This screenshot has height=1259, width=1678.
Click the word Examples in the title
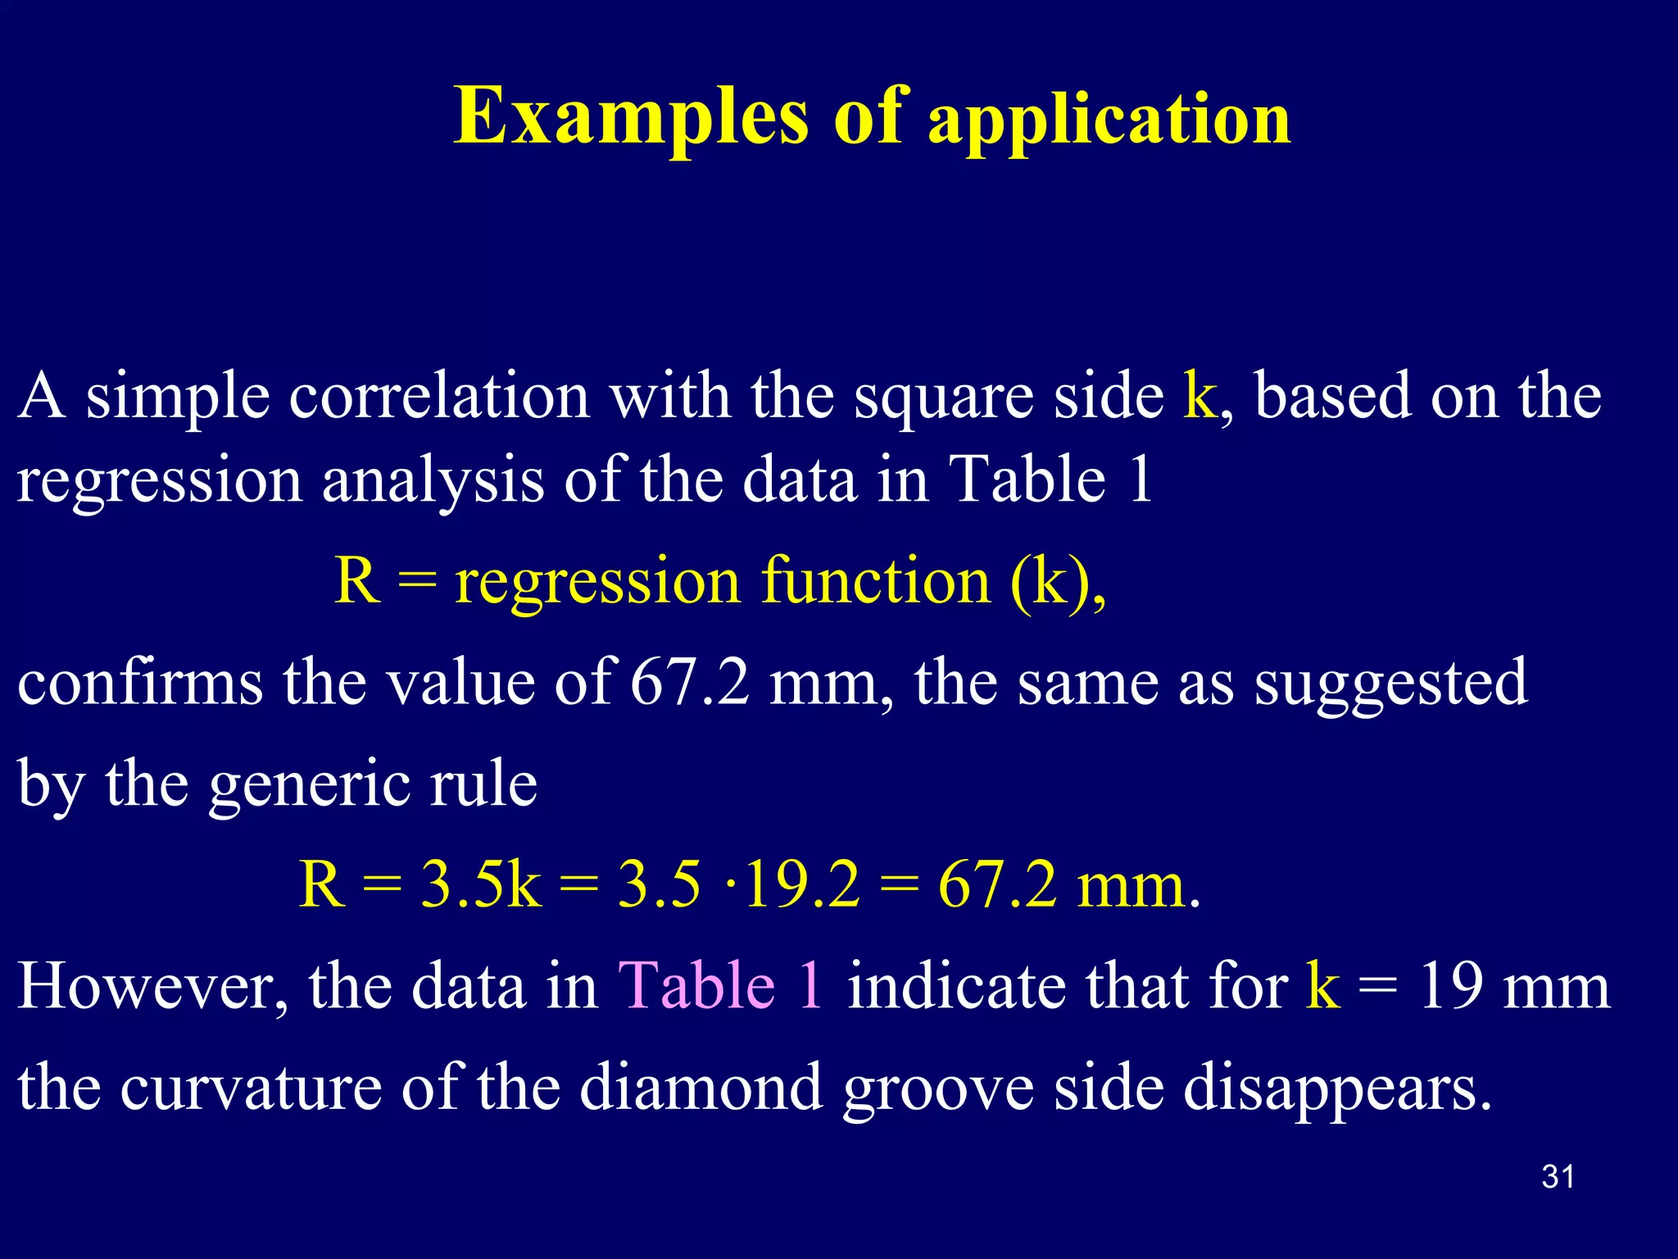point(631,117)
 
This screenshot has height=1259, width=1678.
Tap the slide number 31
point(1558,1177)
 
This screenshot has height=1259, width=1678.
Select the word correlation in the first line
point(439,397)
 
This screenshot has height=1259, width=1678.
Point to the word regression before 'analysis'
point(160,482)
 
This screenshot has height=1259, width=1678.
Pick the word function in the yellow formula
point(876,580)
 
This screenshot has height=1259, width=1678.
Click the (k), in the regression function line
point(1058,582)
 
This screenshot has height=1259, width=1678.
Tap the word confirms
point(140,682)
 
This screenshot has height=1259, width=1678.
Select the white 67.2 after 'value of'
point(689,682)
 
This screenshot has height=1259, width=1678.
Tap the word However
point(152,985)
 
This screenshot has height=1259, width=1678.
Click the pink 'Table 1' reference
point(720,985)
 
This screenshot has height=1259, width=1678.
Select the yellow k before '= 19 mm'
point(1323,985)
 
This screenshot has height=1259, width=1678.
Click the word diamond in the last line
point(701,1087)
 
